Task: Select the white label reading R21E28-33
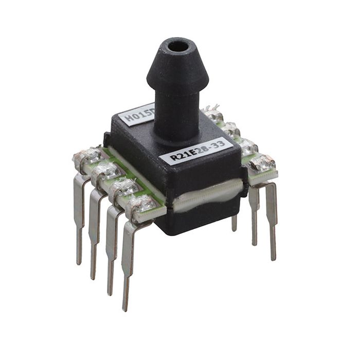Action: point(195,151)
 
